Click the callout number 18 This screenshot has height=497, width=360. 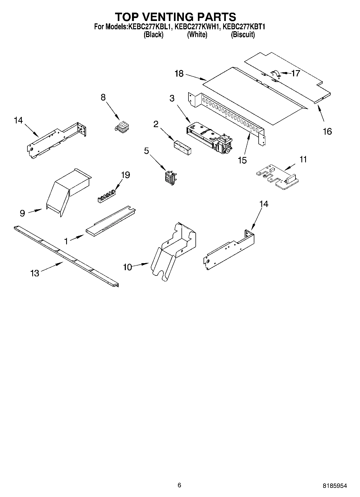click(x=179, y=73)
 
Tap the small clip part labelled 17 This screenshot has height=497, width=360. click(x=275, y=74)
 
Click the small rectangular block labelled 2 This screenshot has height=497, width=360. click(x=183, y=146)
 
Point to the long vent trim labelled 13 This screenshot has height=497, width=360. click(x=66, y=257)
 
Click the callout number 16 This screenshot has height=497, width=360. click(x=327, y=131)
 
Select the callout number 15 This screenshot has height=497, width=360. click(x=242, y=160)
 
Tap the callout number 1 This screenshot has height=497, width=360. click(x=66, y=241)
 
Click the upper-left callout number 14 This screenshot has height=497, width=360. click(x=18, y=120)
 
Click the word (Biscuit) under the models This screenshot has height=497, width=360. click(x=243, y=35)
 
